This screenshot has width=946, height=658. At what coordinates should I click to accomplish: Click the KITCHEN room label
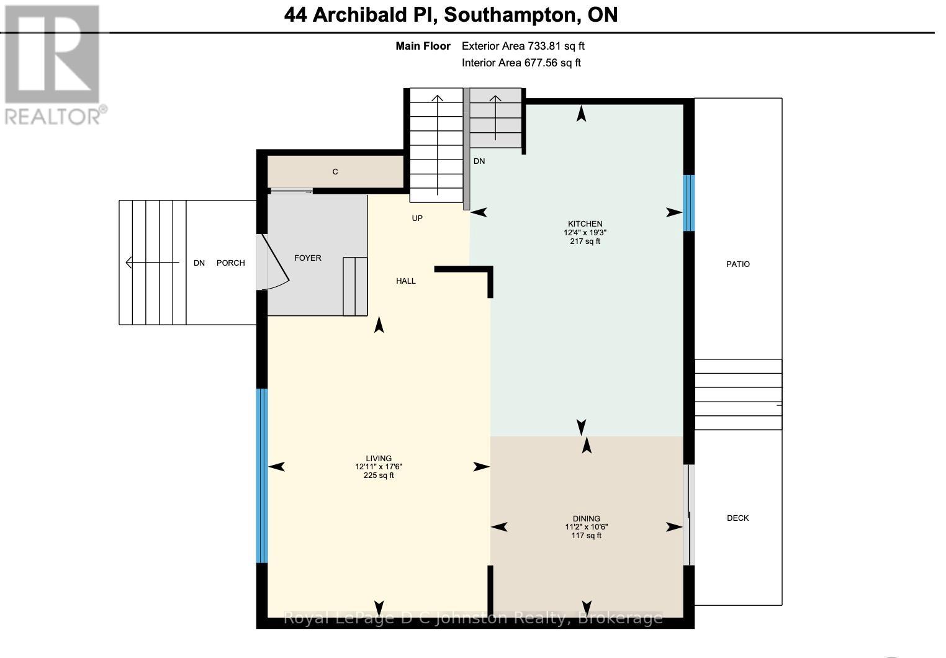click(585, 224)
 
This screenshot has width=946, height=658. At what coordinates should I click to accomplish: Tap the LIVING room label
click(379, 459)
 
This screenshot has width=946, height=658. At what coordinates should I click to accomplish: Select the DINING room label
click(586, 518)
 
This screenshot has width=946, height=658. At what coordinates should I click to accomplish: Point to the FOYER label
click(308, 258)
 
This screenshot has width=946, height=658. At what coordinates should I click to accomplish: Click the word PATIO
click(738, 264)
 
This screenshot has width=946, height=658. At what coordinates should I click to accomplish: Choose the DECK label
click(738, 518)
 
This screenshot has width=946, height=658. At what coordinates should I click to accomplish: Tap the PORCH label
click(230, 263)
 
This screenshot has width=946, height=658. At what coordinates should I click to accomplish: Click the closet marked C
click(335, 172)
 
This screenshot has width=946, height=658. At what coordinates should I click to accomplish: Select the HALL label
click(406, 281)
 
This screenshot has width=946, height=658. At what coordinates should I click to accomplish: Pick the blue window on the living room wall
click(262, 475)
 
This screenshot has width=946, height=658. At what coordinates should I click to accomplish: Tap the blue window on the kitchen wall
click(688, 203)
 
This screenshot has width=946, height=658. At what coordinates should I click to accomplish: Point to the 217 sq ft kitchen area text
click(585, 241)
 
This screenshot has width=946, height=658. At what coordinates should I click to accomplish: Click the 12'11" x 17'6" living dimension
click(379, 467)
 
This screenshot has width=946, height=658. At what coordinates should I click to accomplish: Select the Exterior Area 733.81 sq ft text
click(523, 46)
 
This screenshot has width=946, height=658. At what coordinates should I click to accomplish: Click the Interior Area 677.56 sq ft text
click(521, 63)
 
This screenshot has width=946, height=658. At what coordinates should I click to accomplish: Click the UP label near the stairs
click(417, 218)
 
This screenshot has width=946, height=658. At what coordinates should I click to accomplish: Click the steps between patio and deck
click(737, 394)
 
